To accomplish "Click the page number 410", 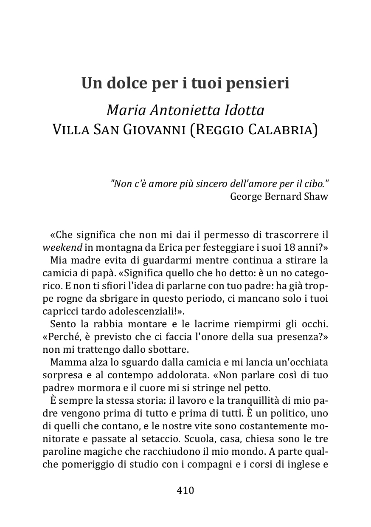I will pos(185,490).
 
